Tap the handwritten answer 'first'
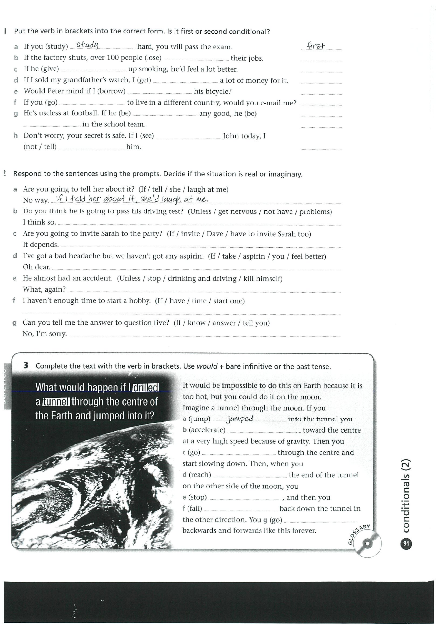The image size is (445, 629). tap(316, 46)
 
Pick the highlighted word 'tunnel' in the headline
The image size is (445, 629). tap(57, 402)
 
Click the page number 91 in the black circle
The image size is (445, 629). tap(406, 544)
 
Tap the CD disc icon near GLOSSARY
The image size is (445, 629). tap(368, 543)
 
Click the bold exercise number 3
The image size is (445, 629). tap(25, 366)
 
